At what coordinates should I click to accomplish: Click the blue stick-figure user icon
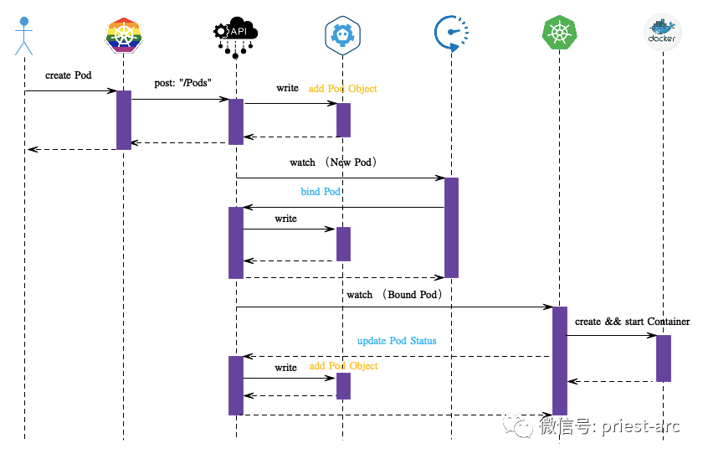click(23, 36)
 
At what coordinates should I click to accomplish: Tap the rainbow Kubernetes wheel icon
click(124, 34)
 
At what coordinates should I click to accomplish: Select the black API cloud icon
click(236, 38)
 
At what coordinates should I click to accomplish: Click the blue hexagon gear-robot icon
click(342, 35)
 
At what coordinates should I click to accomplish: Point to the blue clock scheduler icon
click(451, 34)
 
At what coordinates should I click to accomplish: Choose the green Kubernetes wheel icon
click(559, 33)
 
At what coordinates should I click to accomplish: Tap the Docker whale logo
click(663, 32)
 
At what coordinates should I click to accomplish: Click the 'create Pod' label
click(68, 75)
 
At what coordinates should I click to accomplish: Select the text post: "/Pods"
click(182, 83)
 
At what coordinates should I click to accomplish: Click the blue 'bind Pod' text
click(320, 192)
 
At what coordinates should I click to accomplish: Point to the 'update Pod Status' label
click(397, 341)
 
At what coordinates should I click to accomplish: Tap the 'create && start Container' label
click(632, 322)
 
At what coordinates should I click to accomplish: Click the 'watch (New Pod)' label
click(333, 162)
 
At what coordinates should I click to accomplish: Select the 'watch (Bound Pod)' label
click(394, 295)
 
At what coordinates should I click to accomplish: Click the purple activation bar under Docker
click(664, 358)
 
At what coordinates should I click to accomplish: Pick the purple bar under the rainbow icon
click(124, 120)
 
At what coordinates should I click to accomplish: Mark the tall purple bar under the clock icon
click(451, 228)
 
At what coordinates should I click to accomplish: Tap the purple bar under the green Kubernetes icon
click(560, 361)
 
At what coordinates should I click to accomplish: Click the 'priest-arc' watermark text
click(641, 425)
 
